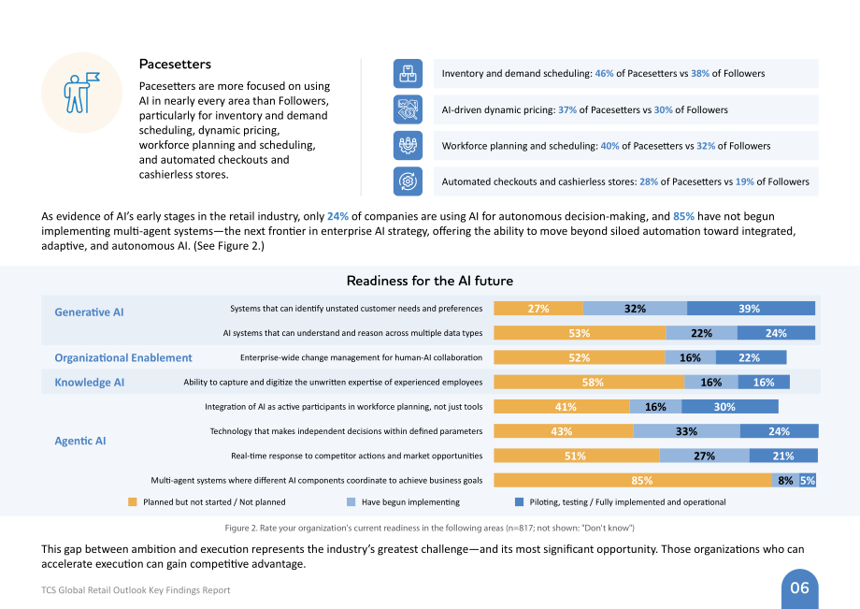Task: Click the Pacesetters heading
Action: pyautogui.click(x=175, y=65)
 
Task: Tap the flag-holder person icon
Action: pyautogui.click(x=81, y=93)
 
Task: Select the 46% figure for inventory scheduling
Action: pyautogui.click(x=604, y=74)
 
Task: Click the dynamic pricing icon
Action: pyautogui.click(x=408, y=109)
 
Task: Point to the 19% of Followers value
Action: pyautogui.click(x=744, y=181)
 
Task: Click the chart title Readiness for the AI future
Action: pyautogui.click(x=430, y=281)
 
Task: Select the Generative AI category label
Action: pyautogui.click(x=89, y=312)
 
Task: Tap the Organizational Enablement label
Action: pyautogui.click(x=122, y=357)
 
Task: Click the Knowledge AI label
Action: pyautogui.click(x=90, y=383)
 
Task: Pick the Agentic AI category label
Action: pyautogui.click(x=80, y=441)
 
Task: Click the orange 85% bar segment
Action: pyautogui.click(x=633, y=480)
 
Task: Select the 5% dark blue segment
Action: pyautogui.click(x=808, y=480)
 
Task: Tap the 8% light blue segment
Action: pyautogui.click(x=785, y=480)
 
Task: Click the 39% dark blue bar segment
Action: pyautogui.click(x=751, y=309)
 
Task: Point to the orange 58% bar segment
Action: pyautogui.click(x=589, y=382)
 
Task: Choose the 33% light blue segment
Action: pyautogui.click(x=687, y=431)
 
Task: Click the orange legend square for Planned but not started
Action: pyautogui.click(x=132, y=502)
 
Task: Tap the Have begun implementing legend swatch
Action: pyautogui.click(x=351, y=502)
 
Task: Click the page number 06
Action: pyautogui.click(x=799, y=588)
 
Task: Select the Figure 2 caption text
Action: pyautogui.click(x=429, y=528)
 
